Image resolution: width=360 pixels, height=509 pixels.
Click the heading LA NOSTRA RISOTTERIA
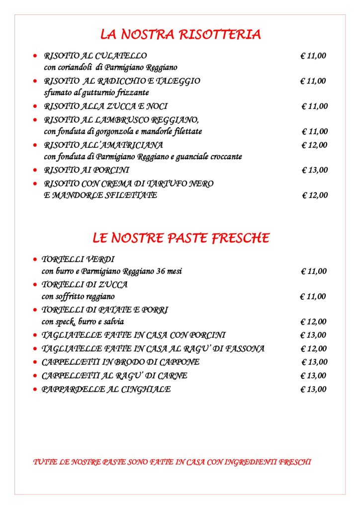(x=180, y=34)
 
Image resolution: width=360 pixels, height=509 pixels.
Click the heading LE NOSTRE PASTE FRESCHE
(x=181, y=238)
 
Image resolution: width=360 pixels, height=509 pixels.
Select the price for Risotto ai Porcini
(x=315, y=170)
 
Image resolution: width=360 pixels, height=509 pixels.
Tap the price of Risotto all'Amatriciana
(x=314, y=145)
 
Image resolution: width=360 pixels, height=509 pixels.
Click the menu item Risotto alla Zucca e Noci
(x=105, y=106)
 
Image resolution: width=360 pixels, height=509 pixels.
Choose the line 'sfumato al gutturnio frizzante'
(x=96, y=92)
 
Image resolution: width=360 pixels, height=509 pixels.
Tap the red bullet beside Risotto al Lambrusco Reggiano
(x=35, y=120)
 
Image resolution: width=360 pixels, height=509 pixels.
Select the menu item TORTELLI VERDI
(x=78, y=259)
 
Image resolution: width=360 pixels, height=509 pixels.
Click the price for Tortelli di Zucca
(x=313, y=297)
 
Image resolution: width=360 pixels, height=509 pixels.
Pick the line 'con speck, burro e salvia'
(x=83, y=322)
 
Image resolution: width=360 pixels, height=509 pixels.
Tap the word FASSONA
(x=245, y=348)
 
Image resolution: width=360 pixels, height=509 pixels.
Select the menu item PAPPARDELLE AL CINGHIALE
(x=106, y=389)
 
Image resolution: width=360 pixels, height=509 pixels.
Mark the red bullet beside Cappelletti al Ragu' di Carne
(x=35, y=376)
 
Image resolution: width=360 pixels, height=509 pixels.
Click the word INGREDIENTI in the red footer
(x=251, y=462)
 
